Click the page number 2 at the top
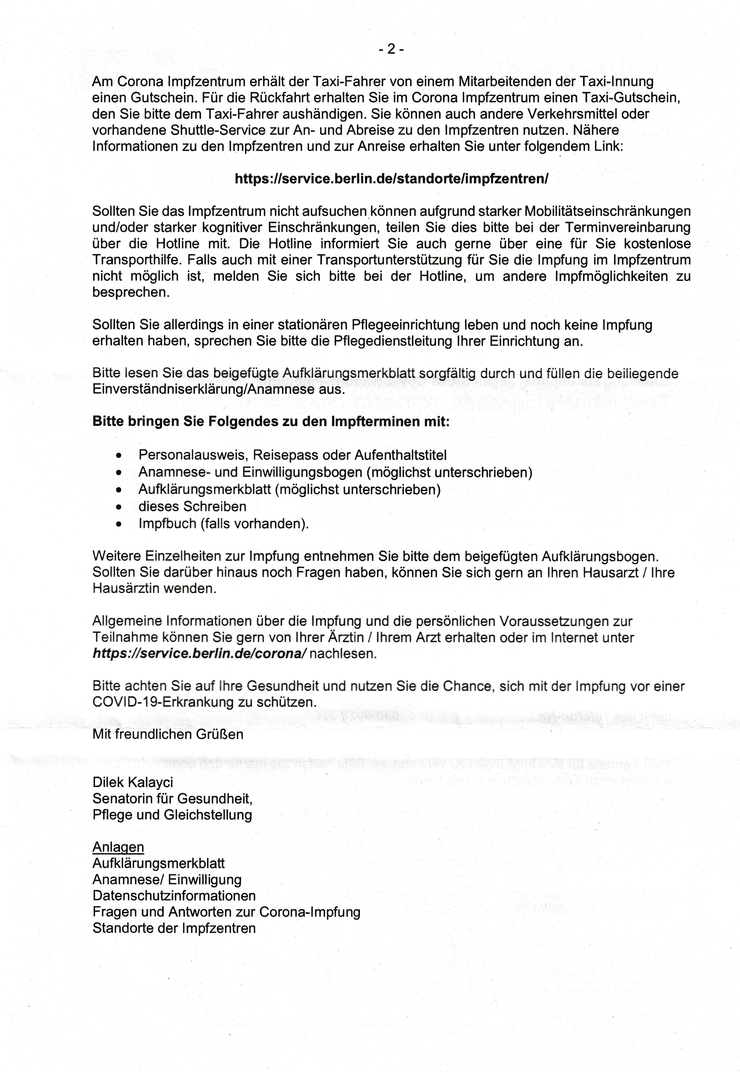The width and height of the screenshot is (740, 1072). coord(391,49)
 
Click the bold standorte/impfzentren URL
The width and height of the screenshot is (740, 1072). coord(391,179)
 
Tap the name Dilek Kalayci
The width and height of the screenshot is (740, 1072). coord(133,782)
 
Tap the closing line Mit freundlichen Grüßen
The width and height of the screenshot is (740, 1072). coord(168,734)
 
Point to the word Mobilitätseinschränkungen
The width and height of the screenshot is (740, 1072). coord(607,212)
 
